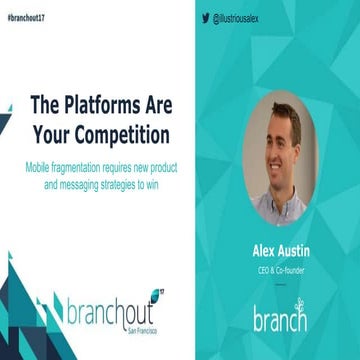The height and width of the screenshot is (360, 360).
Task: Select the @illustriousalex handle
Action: [241, 17]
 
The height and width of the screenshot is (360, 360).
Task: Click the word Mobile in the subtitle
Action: [39, 162]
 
